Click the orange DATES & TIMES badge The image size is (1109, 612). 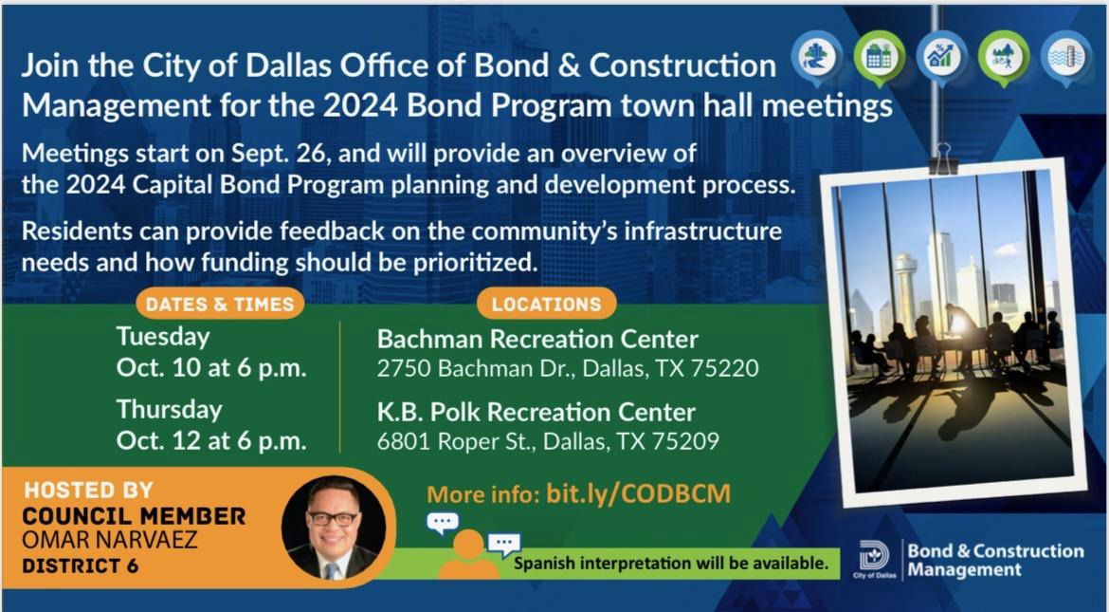tap(220, 304)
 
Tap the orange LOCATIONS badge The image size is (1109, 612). tap(546, 304)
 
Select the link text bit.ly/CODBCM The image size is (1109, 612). tap(638, 493)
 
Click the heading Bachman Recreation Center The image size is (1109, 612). tap(537, 340)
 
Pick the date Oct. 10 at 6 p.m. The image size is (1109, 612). tap(211, 369)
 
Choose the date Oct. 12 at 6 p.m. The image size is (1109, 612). tap(211, 440)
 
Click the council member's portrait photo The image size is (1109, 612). tap(334, 528)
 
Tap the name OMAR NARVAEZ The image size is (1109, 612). tap(110, 541)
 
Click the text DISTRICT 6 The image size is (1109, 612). tap(80, 566)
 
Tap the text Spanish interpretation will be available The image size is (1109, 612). tap(670, 564)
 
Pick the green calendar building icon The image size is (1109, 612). tap(879, 58)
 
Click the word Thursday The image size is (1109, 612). tap(169, 410)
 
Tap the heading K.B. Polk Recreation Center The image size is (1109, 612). tap(536, 412)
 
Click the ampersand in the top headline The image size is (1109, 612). tap(563, 65)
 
